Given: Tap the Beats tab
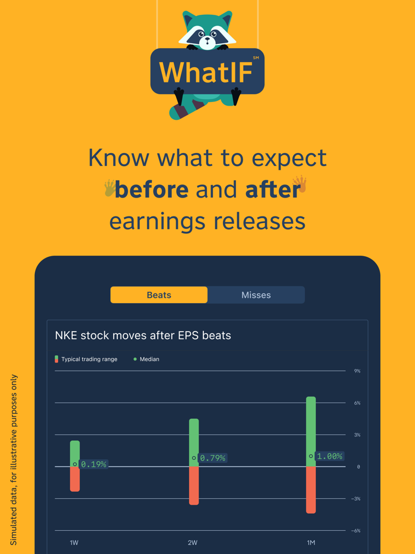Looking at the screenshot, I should pos(159,295).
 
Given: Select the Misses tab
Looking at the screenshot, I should pos(256,295).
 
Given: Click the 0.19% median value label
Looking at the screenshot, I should pos(94,464).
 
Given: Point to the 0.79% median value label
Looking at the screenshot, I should pos(213,458).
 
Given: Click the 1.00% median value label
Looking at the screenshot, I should pos(330,456).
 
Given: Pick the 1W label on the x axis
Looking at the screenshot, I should pos(74,543).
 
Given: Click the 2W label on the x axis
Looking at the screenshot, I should pos(193,543).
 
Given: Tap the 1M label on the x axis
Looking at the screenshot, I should pos(311,543).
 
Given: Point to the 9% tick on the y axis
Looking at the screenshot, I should pos(357,371).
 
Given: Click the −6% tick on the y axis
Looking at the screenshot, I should pos(356,531).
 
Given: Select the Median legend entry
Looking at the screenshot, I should pos(146,359).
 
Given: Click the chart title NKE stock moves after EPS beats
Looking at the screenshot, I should pos(143,336).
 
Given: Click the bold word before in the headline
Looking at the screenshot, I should pos(152,190).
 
